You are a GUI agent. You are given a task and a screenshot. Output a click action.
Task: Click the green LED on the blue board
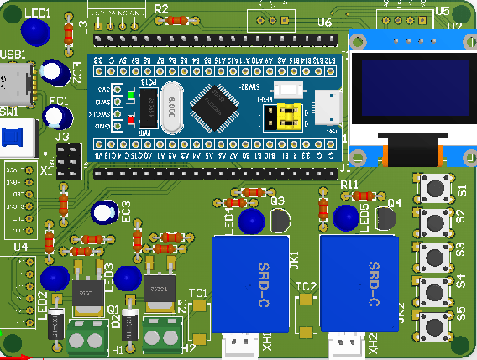(x=132, y=96)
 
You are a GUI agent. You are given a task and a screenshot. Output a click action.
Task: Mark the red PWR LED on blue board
(x=132, y=123)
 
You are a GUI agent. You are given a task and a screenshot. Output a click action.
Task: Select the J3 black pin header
(x=69, y=160)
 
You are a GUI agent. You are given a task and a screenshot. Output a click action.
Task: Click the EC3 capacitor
(x=105, y=212)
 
